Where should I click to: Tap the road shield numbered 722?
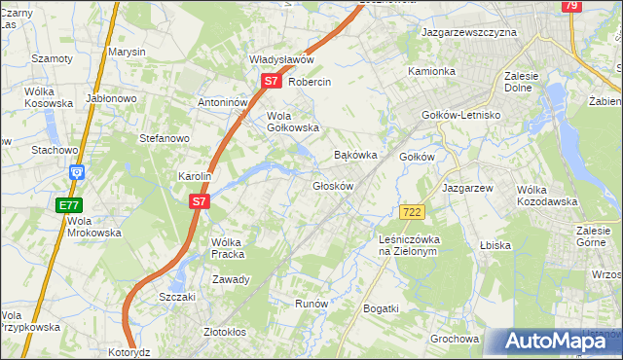point(411,211)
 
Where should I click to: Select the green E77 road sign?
point(68,205)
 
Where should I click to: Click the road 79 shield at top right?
point(571,6)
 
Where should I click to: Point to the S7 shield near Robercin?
point(272,83)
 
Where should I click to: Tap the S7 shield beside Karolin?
point(199,201)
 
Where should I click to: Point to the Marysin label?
point(127,51)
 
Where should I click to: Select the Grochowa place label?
point(455,340)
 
